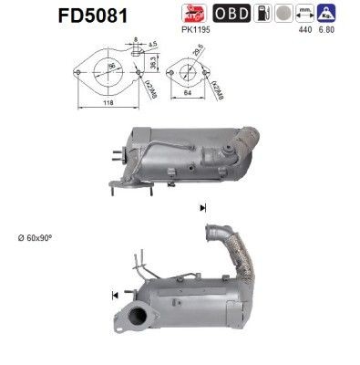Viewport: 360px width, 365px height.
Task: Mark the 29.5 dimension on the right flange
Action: pyautogui.click(x=197, y=54)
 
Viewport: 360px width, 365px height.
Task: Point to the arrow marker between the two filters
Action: pyautogui.click(x=201, y=209)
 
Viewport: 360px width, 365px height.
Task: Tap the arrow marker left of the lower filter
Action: pyautogui.click(x=114, y=294)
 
